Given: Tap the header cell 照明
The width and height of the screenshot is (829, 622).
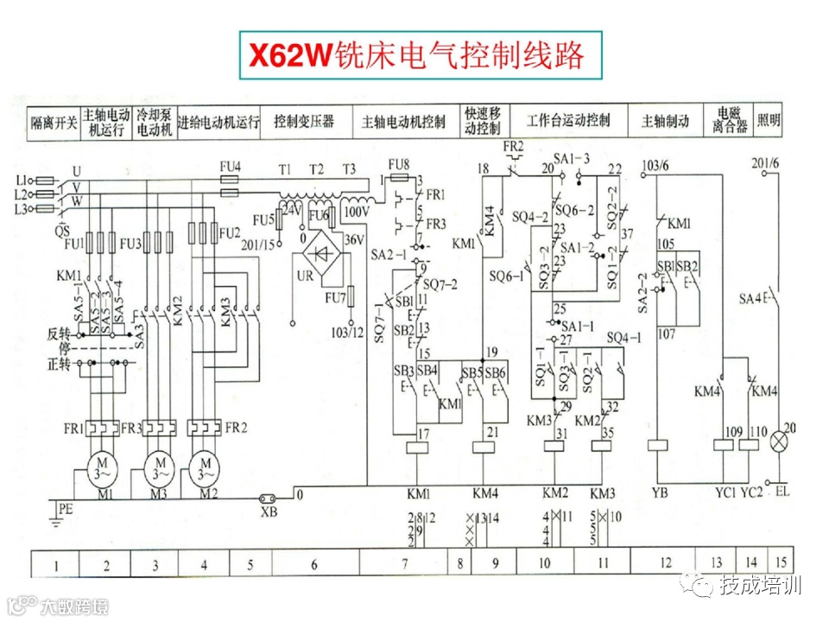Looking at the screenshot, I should (769, 120).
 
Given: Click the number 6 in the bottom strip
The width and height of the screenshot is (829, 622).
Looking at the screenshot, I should (314, 565).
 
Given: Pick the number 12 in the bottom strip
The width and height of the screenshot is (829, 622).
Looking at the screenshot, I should (665, 563).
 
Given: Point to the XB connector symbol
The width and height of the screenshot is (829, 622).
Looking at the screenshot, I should (269, 498).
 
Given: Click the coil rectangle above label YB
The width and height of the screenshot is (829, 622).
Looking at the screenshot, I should (658, 446).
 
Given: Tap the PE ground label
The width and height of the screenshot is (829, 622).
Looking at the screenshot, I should (65, 510).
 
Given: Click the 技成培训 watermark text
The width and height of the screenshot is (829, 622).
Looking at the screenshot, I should (761, 586).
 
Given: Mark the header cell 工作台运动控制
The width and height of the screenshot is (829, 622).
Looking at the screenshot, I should (568, 120).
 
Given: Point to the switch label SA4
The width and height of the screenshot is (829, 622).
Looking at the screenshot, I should (750, 299).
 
